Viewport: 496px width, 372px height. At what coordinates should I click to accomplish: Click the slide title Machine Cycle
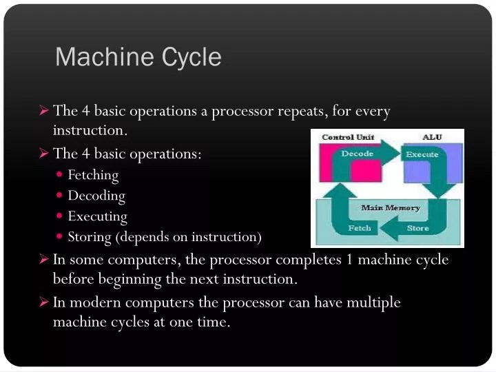[x=138, y=56]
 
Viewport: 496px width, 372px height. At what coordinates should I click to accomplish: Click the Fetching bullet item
[x=93, y=175]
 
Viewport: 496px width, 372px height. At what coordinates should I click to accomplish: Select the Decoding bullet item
[x=96, y=196]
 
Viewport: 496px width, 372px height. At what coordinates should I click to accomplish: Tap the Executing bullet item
[x=97, y=216]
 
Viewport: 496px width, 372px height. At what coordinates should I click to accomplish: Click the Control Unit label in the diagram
[x=348, y=137]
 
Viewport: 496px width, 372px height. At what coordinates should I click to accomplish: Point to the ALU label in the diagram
[x=432, y=137]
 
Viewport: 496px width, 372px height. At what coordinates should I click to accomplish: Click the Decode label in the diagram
[x=357, y=154]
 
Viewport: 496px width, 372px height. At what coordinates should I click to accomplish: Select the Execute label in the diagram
[x=422, y=154]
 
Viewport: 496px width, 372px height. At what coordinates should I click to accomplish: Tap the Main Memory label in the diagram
[x=391, y=207]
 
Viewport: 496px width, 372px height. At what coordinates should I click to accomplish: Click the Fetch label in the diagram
[x=359, y=228]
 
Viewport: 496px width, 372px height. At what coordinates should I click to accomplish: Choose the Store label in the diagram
[x=417, y=228]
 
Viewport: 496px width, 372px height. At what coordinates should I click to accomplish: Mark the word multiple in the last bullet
[x=375, y=302]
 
